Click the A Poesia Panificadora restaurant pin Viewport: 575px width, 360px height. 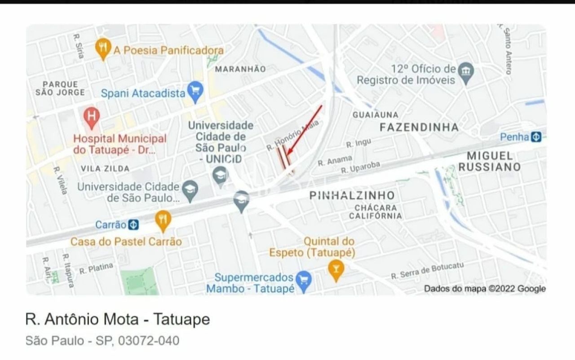[x=103, y=48]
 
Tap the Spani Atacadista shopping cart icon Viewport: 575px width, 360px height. [x=195, y=91]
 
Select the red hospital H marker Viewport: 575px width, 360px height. [x=92, y=116]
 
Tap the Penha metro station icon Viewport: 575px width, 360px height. [x=536, y=137]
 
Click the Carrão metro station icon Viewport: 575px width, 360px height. [x=133, y=224]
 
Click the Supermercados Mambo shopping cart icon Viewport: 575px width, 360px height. [x=305, y=281]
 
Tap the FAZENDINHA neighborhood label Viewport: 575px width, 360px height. [x=419, y=127]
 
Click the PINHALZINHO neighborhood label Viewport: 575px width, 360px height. [x=352, y=195]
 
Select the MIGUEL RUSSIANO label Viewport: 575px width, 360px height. [x=490, y=162]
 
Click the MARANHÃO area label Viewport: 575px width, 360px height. [x=240, y=69]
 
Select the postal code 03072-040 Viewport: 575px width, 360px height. [x=148, y=341]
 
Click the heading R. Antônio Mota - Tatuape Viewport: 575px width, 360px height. [x=118, y=320]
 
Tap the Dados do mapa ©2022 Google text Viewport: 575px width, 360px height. [x=485, y=289]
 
